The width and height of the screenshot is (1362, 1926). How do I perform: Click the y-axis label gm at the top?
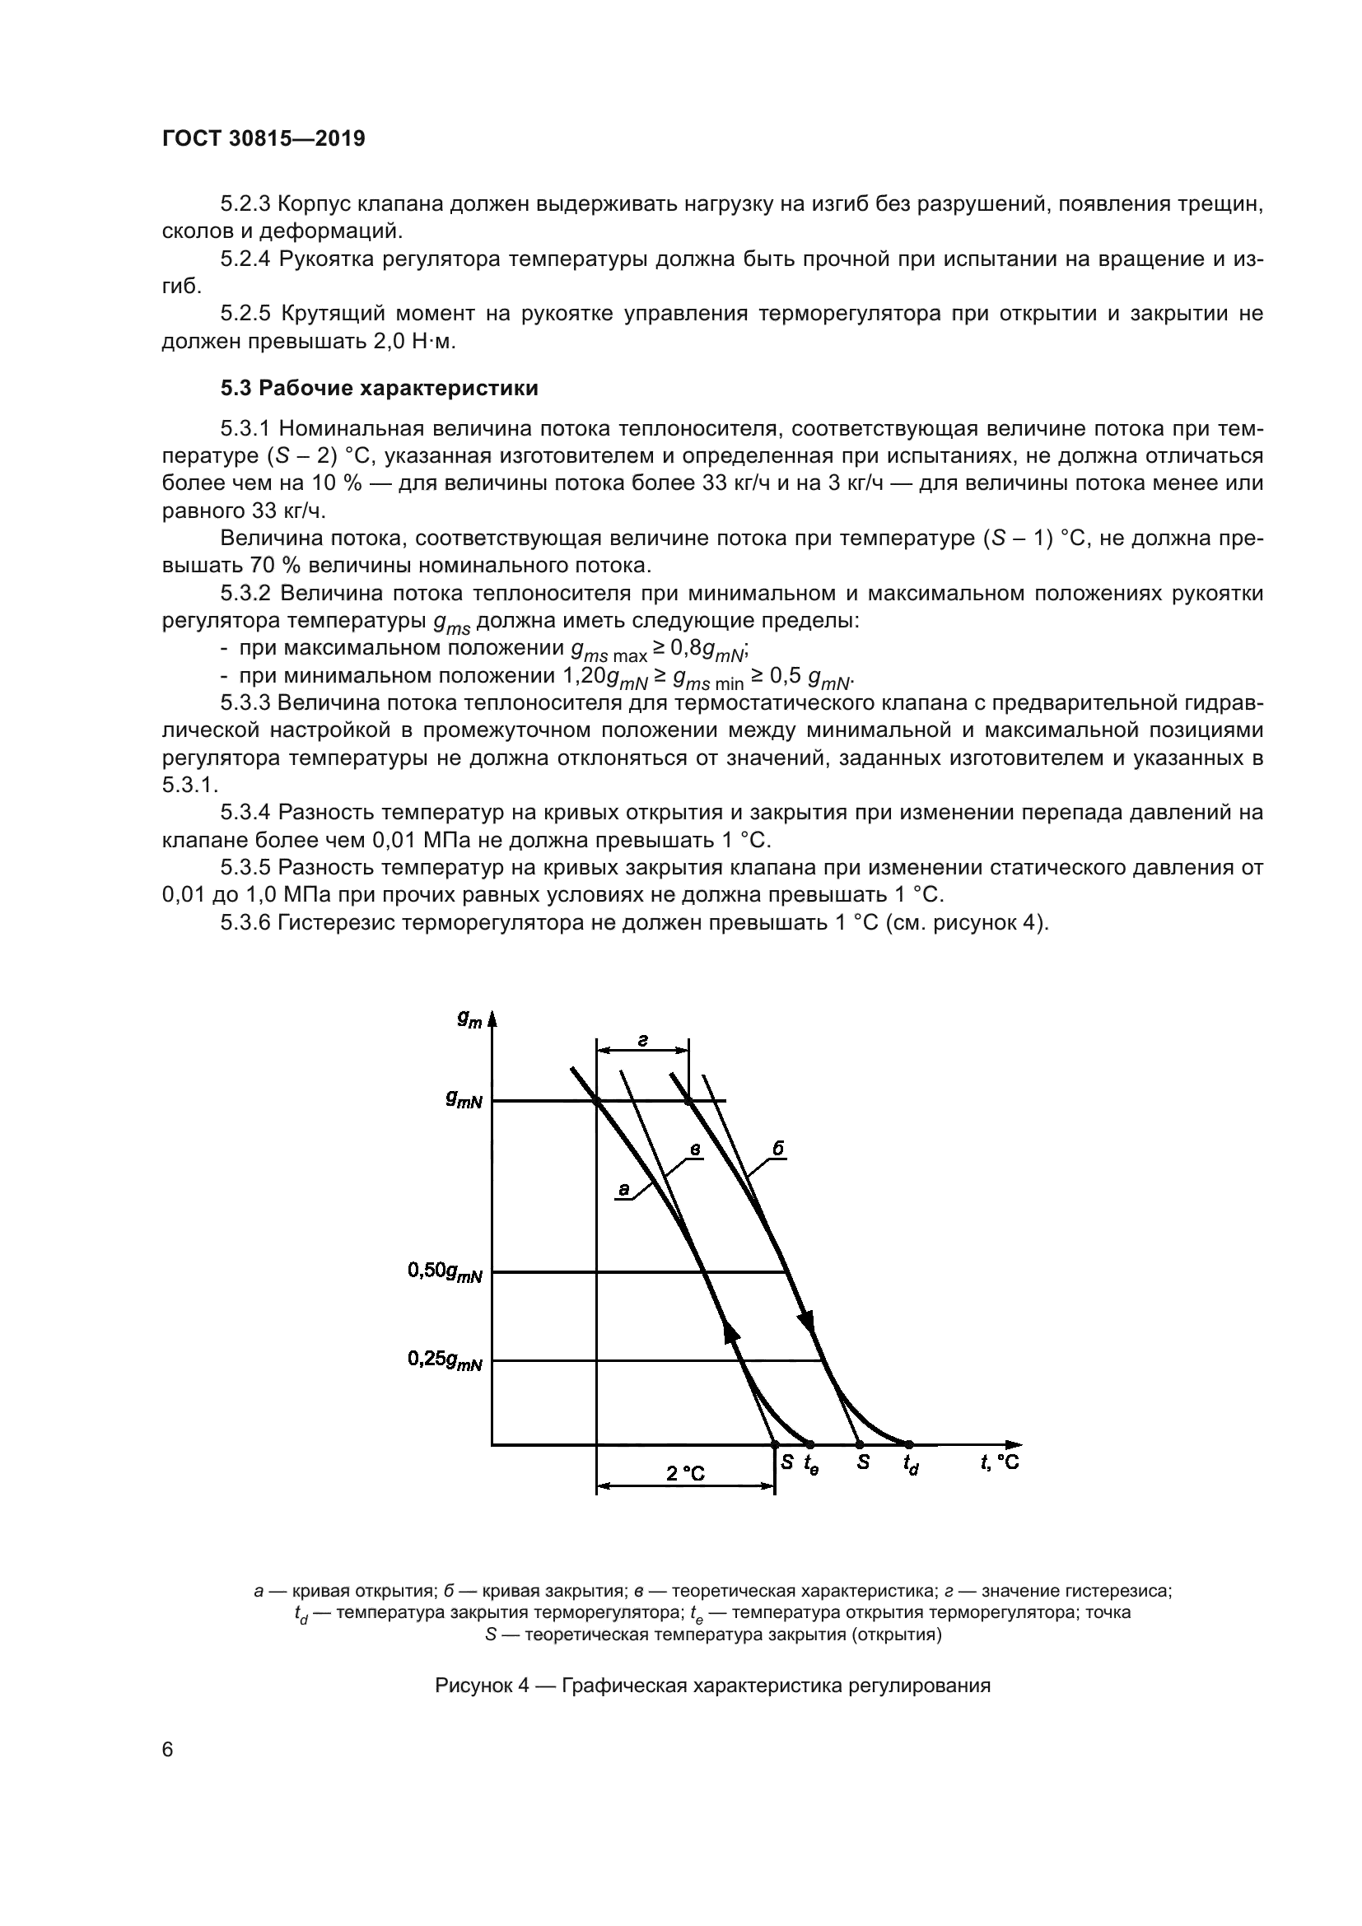pyautogui.click(x=469, y=1019)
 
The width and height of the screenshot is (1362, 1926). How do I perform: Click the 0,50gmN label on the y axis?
pyautogui.click(x=445, y=1272)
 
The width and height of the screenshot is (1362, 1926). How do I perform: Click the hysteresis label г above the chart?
pyautogui.click(x=642, y=1040)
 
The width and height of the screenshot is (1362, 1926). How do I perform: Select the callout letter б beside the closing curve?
pyautogui.click(x=778, y=1150)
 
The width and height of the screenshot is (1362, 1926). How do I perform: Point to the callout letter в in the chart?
pyautogui.click(x=695, y=1149)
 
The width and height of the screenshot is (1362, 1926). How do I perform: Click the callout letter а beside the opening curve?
pyautogui.click(x=623, y=1189)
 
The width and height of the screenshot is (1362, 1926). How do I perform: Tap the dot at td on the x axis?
pyautogui.click(x=908, y=1443)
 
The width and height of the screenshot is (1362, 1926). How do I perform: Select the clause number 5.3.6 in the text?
pyautogui.click(x=245, y=924)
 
